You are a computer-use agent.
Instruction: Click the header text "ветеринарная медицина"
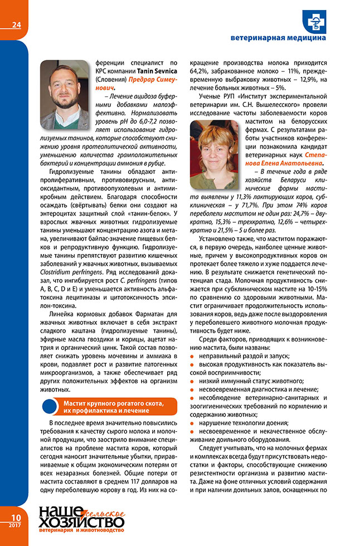click(278, 38)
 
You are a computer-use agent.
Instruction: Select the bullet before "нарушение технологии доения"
click(193, 423)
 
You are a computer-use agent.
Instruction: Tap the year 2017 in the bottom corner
click(14, 526)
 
